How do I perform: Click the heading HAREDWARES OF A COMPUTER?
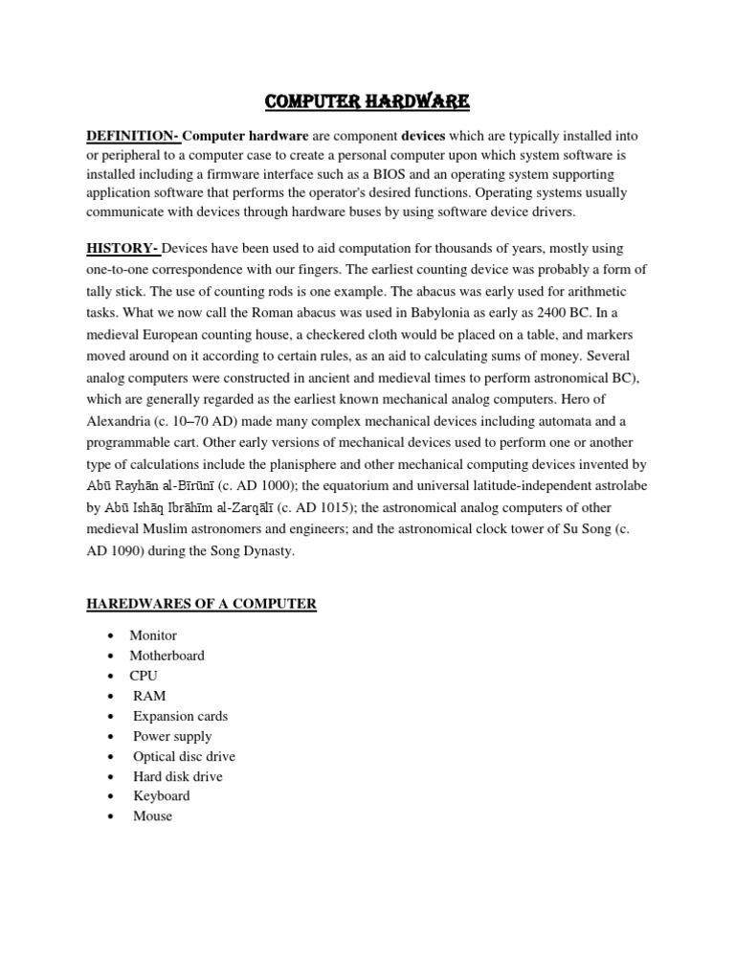201,604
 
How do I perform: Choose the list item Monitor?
154,635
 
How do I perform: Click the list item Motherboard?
167,656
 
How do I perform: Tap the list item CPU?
145,676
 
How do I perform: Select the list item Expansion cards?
181,716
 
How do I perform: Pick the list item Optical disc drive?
185,756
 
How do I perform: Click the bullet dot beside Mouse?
112,816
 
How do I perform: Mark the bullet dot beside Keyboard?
112,796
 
